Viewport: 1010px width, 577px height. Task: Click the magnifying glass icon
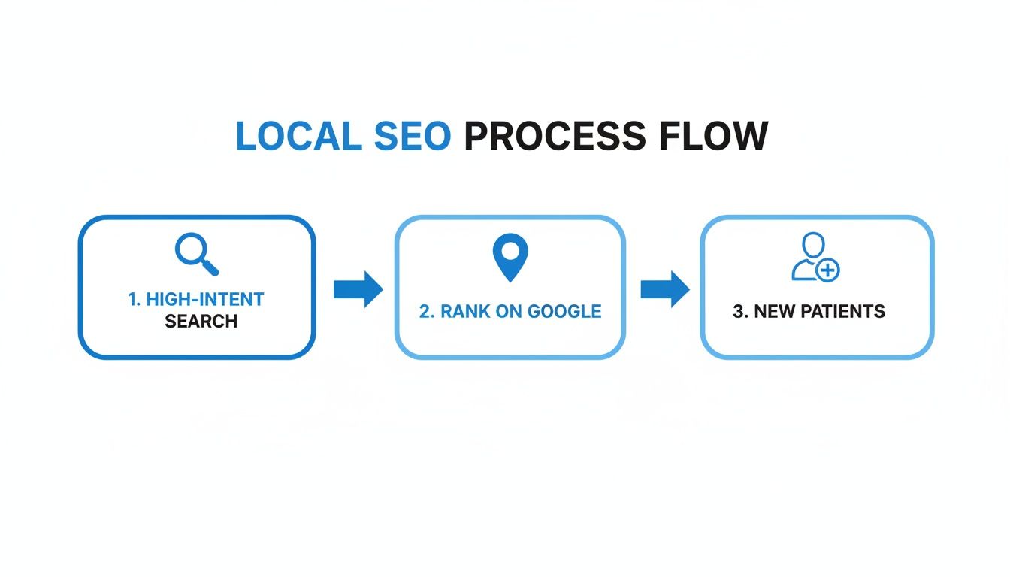click(196, 253)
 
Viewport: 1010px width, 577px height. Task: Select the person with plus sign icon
click(815, 257)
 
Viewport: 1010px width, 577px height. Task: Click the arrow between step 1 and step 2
click(358, 289)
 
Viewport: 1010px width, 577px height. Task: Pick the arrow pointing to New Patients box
click(664, 289)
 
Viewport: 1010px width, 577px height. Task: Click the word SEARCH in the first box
click(201, 322)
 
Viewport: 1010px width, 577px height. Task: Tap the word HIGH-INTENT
click(205, 299)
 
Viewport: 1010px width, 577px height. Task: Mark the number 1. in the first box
click(135, 299)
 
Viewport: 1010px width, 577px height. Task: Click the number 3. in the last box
click(740, 312)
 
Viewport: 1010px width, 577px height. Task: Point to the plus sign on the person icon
click(828, 270)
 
